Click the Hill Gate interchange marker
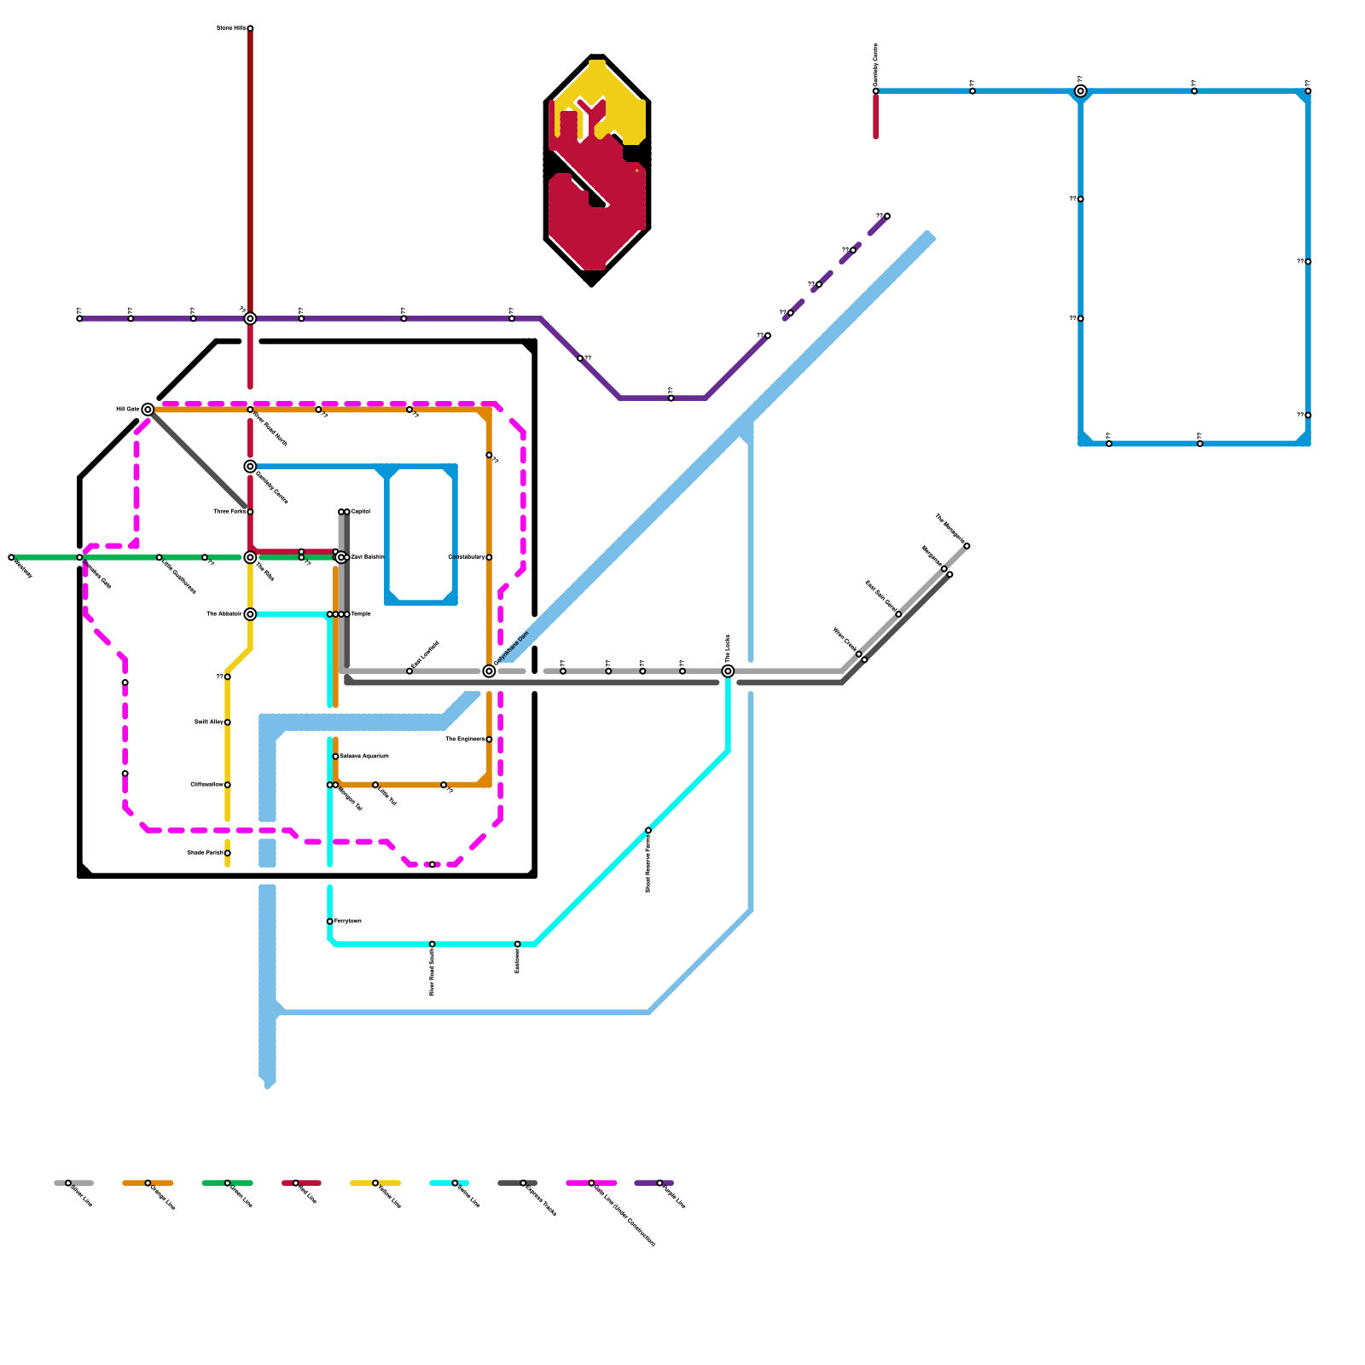pyautogui.click(x=148, y=409)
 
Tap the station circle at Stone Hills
pyautogui.click(x=250, y=28)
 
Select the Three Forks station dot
pyautogui.click(x=250, y=512)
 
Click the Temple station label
pyautogui.click(x=360, y=614)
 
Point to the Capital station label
pyautogui.click(x=360, y=512)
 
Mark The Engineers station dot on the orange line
pyautogui.click(x=489, y=740)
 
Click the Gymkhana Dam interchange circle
pyautogui.click(x=489, y=671)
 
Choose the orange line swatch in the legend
pyautogui.click(x=148, y=1183)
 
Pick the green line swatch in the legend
pyautogui.click(x=227, y=1183)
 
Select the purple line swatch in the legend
pyautogui.click(x=654, y=1183)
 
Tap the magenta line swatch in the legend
pyautogui.click(x=591, y=1183)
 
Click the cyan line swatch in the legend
pyautogui.click(x=450, y=1183)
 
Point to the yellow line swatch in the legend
pyautogui.click(x=375, y=1183)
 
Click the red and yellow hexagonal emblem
pyautogui.click(x=597, y=171)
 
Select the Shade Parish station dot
pyautogui.click(x=228, y=853)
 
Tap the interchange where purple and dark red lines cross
pyautogui.click(x=250, y=318)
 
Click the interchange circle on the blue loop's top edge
pyautogui.click(x=1081, y=91)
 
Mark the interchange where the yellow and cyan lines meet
pyautogui.click(x=250, y=614)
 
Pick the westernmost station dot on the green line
pyautogui.click(x=11, y=557)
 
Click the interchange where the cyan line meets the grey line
pyautogui.click(x=728, y=671)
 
